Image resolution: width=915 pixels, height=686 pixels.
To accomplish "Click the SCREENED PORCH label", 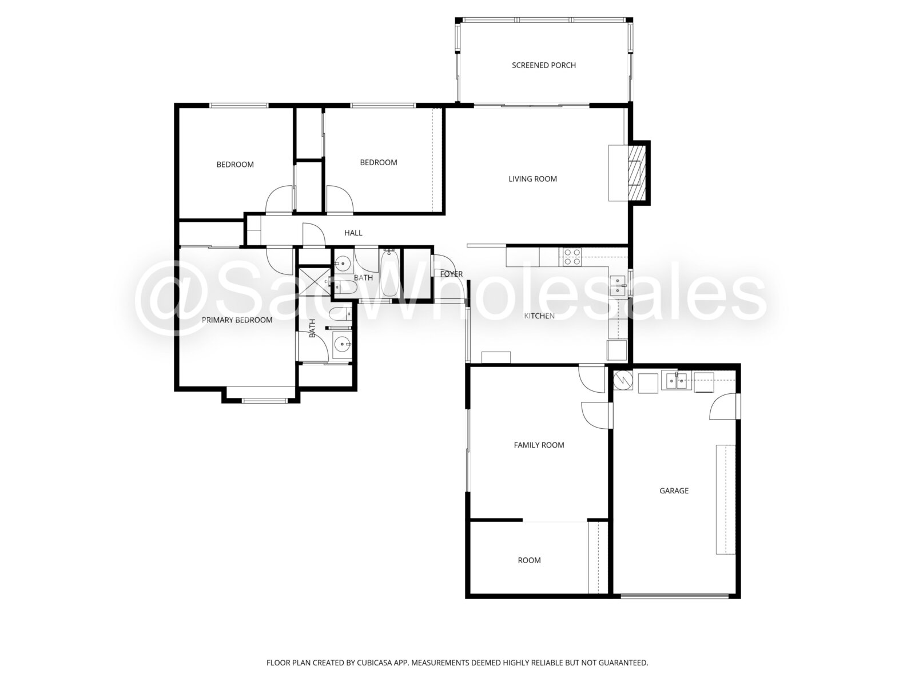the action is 544,65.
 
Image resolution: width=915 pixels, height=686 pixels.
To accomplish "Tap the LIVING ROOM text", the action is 532,179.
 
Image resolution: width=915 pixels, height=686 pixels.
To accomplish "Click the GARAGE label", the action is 674,490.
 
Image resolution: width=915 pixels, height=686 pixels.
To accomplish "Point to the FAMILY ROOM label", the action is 539,445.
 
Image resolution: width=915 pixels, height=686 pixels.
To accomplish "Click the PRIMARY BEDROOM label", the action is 237,320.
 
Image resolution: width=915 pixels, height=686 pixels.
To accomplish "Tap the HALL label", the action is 353,233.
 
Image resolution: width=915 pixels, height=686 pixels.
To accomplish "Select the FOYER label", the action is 451,274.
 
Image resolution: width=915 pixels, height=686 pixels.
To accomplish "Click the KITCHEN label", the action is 539,316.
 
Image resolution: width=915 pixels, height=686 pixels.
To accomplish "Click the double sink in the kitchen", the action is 618,285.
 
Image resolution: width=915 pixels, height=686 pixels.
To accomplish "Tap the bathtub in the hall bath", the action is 389,272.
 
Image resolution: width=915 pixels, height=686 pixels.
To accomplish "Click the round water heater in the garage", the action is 623,380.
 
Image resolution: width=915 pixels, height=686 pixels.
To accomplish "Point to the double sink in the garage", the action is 676,381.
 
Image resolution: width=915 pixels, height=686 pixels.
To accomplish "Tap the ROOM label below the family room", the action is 529,561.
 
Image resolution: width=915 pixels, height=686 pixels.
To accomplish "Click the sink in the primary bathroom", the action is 342,344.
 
